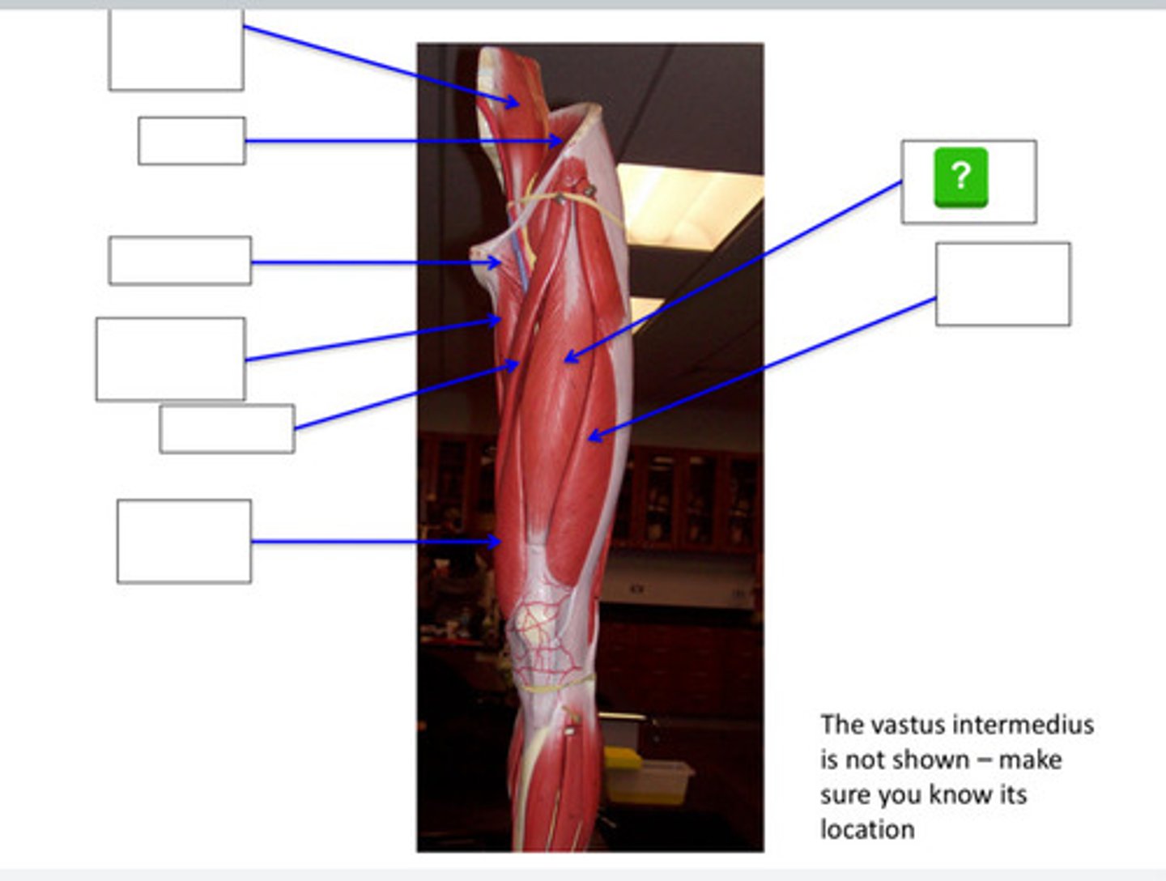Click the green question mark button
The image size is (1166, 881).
pos(960,177)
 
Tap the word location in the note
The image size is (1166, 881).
pos(867,829)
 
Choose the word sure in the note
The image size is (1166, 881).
pos(845,794)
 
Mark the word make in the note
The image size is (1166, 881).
pos(1030,760)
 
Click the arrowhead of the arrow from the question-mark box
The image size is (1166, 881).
pos(567,358)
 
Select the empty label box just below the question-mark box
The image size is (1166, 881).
pos(1002,284)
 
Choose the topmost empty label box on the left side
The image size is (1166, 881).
pos(176,50)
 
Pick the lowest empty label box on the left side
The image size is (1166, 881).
pos(184,541)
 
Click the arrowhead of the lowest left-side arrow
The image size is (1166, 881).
pos(496,541)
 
